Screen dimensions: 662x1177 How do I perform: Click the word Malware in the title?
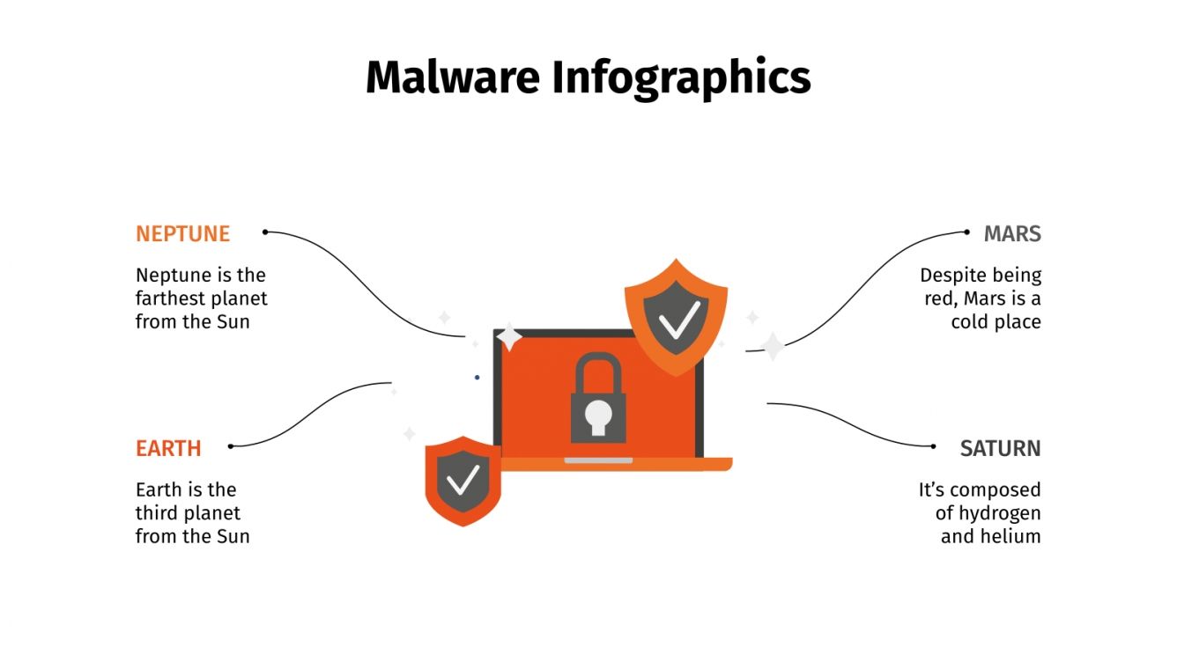(x=452, y=77)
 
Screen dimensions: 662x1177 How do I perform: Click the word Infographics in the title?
(x=681, y=79)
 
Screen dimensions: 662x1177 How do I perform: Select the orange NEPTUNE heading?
(x=182, y=234)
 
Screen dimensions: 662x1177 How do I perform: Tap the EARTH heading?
(x=168, y=448)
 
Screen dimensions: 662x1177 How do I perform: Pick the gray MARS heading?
(x=1012, y=234)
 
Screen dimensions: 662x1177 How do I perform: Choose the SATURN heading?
(x=1000, y=448)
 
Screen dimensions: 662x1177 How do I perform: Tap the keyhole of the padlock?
(x=598, y=416)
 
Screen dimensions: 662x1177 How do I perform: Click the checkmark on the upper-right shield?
(x=677, y=319)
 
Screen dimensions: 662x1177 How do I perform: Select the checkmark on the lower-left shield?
(x=463, y=480)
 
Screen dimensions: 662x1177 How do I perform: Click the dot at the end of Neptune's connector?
(x=264, y=232)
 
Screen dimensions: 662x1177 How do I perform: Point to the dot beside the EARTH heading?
(x=231, y=446)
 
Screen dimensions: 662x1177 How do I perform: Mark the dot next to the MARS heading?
(x=967, y=232)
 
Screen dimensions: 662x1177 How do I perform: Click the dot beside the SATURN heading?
(x=934, y=446)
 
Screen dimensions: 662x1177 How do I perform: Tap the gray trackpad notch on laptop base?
(x=598, y=460)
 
